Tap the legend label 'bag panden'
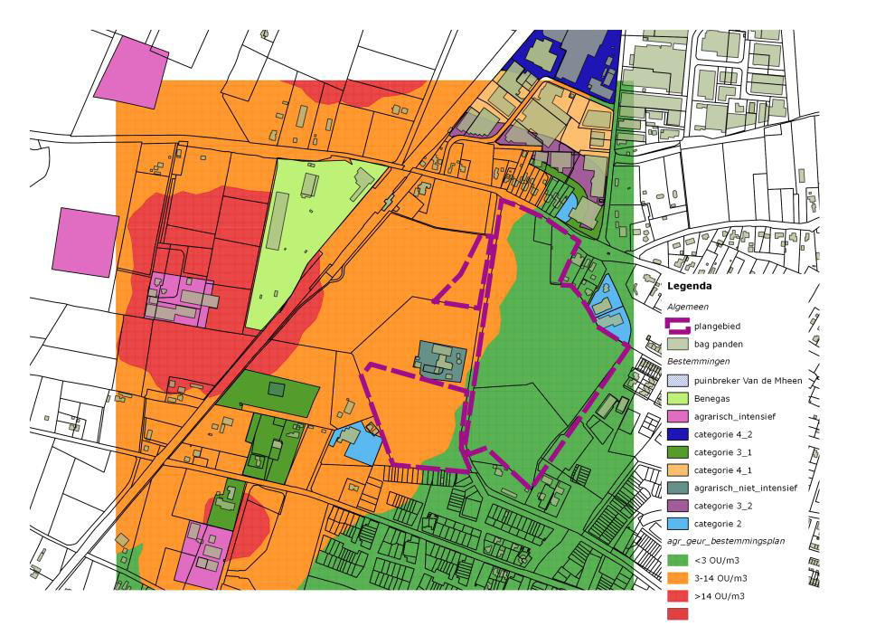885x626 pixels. coord(720,345)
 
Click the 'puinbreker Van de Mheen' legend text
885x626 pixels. coord(748,381)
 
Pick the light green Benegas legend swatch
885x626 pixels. coord(678,398)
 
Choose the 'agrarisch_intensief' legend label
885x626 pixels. coord(735,416)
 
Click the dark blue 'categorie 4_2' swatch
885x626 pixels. coord(678,434)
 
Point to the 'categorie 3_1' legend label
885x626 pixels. coord(724,452)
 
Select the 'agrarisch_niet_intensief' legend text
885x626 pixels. coord(746,488)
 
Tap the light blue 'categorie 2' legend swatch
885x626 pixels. coord(678,524)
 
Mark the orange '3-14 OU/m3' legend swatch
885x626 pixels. coord(678,578)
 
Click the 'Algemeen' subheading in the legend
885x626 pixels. coord(686,306)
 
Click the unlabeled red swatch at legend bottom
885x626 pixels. coord(678,613)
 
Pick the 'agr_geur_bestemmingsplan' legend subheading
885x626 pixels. coord(725,542)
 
